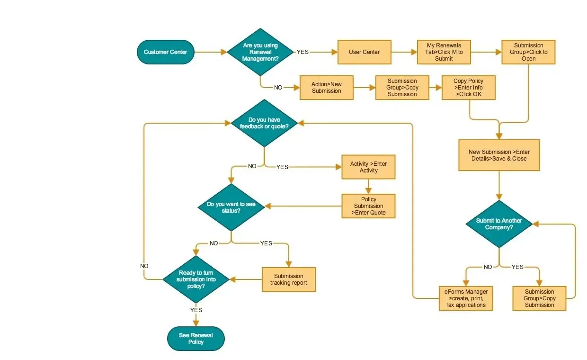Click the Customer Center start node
coord(166,52)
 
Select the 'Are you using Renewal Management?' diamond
coord(260,52)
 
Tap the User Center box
coord(364,52)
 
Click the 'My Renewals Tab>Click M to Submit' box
coord(444,52)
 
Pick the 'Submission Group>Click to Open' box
coord(528,52)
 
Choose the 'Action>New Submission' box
coord(327,88)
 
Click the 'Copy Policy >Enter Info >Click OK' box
coord(468,88)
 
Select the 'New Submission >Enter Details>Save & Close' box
coord(499,155)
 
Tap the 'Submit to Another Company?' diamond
coord(499,224)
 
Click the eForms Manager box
coord(465,298)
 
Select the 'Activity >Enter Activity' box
coord(368,167)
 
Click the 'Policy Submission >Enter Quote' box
coord(368,206)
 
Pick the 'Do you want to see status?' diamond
coord(231,207)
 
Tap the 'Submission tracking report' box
coord(288,279)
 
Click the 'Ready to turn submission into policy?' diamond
coord(196,279)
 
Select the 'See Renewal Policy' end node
coord(196,339)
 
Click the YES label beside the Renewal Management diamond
coord(302,52)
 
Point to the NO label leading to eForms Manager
coord(488,267)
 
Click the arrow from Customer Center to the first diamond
coord(211,52)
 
